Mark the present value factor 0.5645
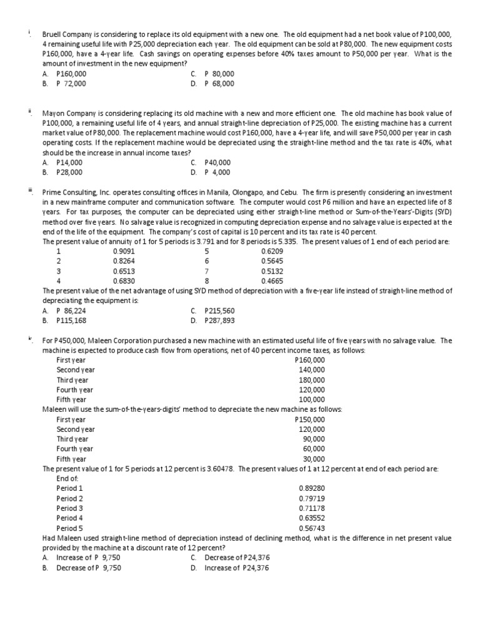[271, 262]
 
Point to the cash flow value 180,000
[312, 380]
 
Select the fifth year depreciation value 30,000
[314, 459]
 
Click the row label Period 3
[69, 508]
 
